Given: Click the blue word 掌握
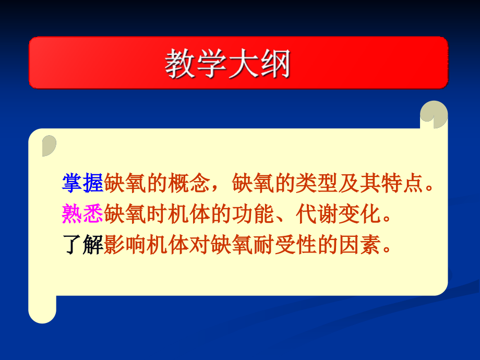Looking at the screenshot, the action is click(x=82, y=183).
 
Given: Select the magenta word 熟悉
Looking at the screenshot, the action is click(x=82, y=214).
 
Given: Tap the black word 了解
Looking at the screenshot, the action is click(x=82, y=244).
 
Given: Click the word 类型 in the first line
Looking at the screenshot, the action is click(x=317, y=183).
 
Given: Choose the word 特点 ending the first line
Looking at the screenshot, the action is click(x=402, y=183).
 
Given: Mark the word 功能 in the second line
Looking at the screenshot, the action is click(x=253, y=214).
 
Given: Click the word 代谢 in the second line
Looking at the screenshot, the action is click(x=317, y=214).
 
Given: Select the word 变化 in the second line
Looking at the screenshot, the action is click(x=359, y=214).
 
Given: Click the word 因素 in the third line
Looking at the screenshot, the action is click(x=359, y=244).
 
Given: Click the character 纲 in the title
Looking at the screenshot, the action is click(x=275, y=63).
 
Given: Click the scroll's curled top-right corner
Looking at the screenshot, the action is click(x=434, y=114).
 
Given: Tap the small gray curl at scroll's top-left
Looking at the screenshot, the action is click(x=49, y=146).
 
